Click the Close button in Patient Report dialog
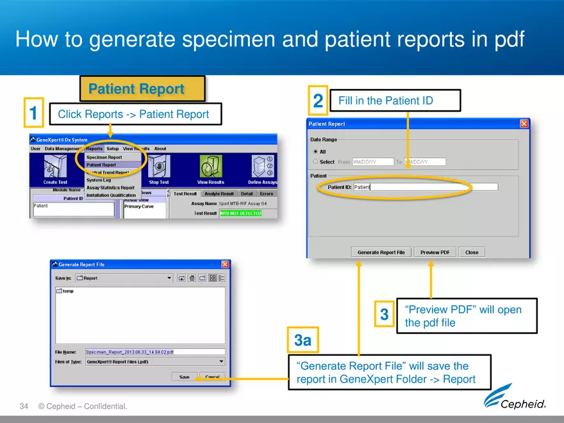click(472, 253)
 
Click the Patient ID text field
click(425, 187)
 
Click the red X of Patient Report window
click(524, 124)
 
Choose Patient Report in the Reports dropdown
click(101, 165)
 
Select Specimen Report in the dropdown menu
click(104, 157)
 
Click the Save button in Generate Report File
click(184, 377)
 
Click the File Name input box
click(155, 352)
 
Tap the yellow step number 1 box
click(33, 113)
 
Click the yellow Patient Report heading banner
click(142, 89)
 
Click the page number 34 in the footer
click(24, 406)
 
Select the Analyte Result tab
click(220, 194)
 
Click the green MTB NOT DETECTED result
click(240, 213)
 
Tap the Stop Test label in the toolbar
click(158, 182)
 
